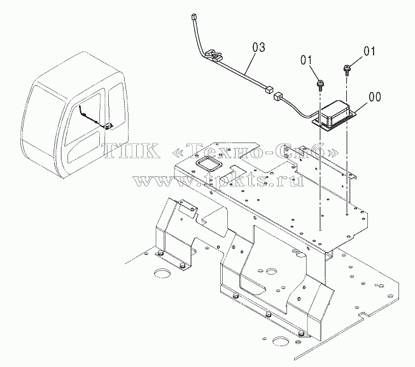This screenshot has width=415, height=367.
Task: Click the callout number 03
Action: tap(258, 47)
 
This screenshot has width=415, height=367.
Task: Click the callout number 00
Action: tap(374, 97)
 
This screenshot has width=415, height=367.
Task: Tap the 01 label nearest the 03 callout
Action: tap(307, 60)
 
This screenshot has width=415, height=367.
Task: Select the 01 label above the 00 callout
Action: tap(369, 52)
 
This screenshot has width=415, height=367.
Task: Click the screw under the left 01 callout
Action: tap(320, 85)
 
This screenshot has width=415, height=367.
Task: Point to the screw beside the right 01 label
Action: tap(347, 70)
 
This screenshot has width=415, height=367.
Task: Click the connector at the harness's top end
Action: tap(193, 17)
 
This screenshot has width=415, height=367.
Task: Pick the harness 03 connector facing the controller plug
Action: tap(268, 90)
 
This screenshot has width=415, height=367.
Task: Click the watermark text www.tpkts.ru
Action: tap(218, 181)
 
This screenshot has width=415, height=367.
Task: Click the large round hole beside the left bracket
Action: tap(162, 273)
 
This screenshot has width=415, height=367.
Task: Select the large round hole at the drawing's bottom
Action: tap(281, 342)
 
